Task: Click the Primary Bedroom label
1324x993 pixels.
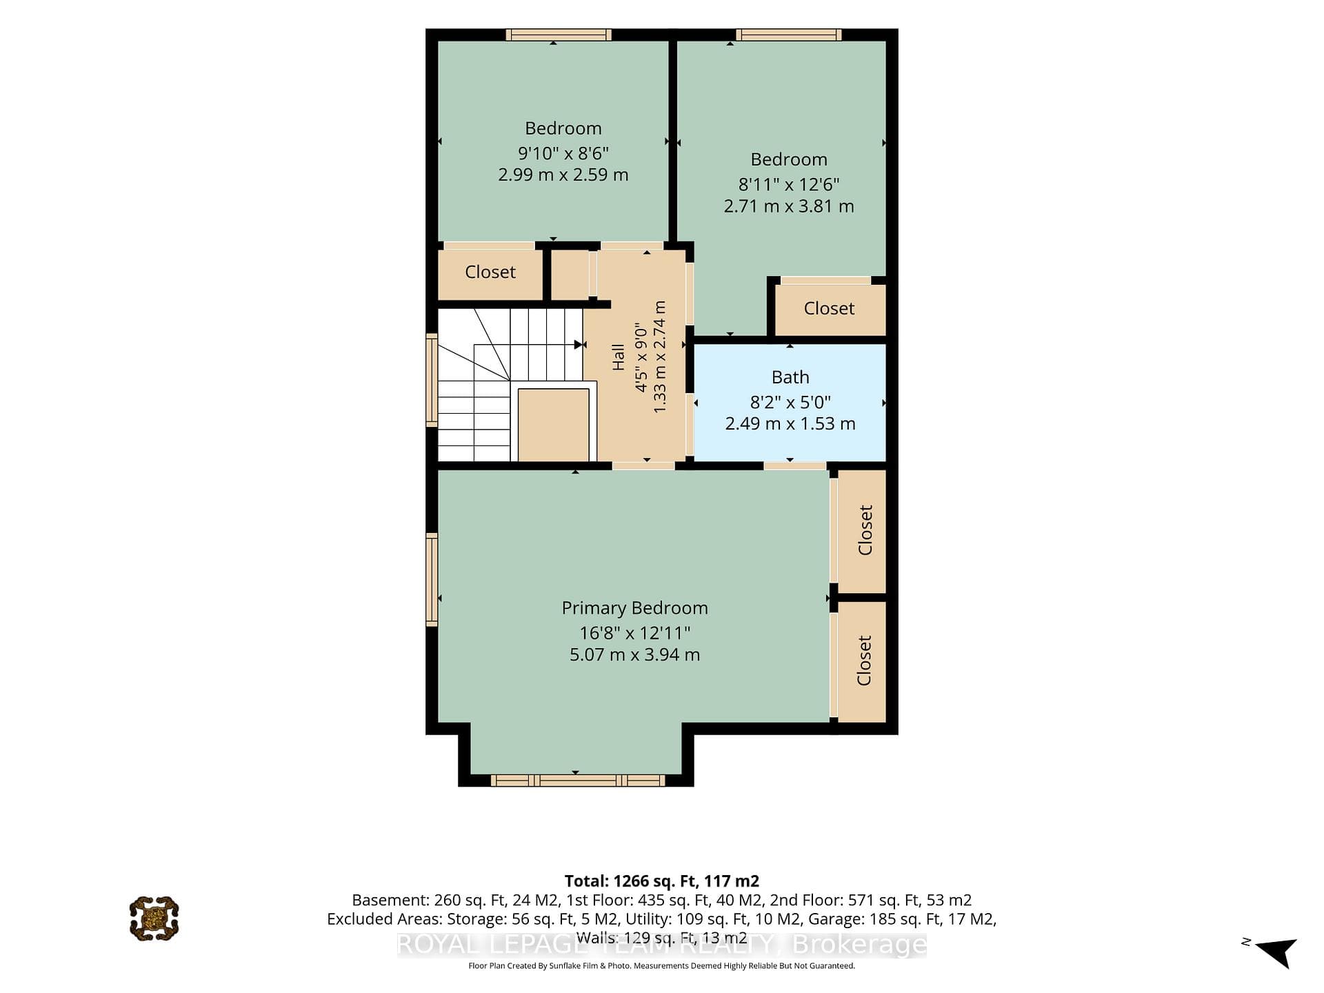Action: tap(634, 608)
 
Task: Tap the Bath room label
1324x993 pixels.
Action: tap(790, 377)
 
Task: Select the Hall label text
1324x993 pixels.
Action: tap(618, 357)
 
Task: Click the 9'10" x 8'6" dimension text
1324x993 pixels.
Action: tap(563, 152)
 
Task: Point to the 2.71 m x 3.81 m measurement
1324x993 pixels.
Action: tap(789, 206)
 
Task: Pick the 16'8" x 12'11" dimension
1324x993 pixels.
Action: tap(634, 632)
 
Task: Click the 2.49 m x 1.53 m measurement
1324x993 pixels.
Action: tap(790, 423)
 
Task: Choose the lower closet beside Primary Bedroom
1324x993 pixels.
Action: tap(862, 661)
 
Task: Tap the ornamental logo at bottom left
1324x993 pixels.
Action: tap(154, 919)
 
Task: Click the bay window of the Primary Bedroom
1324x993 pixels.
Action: tap(578, 781)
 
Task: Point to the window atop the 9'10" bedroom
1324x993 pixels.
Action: tap(559, 34)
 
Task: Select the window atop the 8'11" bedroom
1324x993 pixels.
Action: tap(789, 34)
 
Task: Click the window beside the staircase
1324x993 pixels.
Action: tap(432, 379)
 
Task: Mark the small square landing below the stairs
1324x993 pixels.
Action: tap(553, 425)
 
